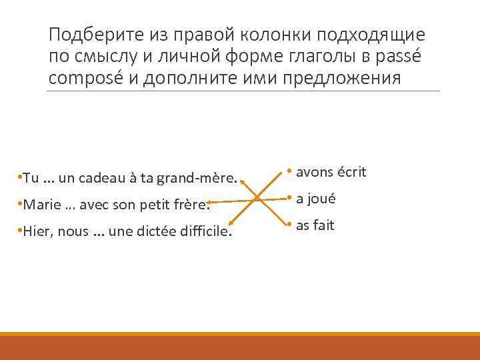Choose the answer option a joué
[315, 199]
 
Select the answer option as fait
[315, 225]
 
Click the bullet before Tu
[21, 179]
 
